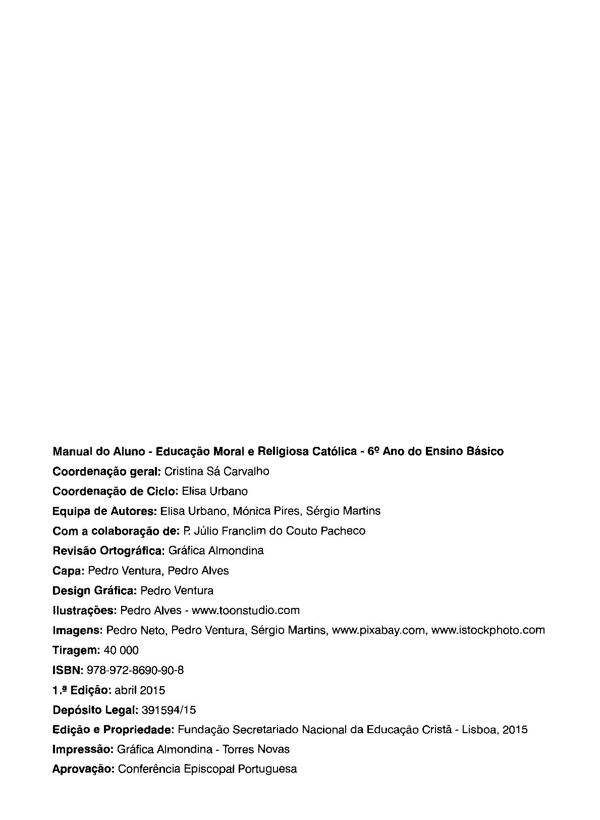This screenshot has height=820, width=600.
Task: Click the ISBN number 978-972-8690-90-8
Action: coord(135,670)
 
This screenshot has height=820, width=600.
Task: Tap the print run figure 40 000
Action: coord(121,650)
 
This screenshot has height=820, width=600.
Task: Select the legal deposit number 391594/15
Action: coord(169,710)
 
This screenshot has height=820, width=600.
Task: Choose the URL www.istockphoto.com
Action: coord(488,630)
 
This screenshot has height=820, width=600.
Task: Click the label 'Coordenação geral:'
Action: coord(106,472)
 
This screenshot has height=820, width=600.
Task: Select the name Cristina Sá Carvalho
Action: coord(217,472)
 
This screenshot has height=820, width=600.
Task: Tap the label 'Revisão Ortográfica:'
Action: coord(108,551)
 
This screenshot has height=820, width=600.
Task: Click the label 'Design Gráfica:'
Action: coord(94,591)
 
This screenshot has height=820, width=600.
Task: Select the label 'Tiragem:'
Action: coord(76,650)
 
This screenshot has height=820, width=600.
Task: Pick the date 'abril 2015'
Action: coord(140,690)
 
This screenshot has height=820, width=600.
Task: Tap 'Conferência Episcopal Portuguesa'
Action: coord(207,769)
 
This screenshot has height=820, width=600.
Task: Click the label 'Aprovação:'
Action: coord(83,769)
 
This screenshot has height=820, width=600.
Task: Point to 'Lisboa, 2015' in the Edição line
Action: coord(495,730)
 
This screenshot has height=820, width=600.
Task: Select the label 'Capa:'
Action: coord(68,571)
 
